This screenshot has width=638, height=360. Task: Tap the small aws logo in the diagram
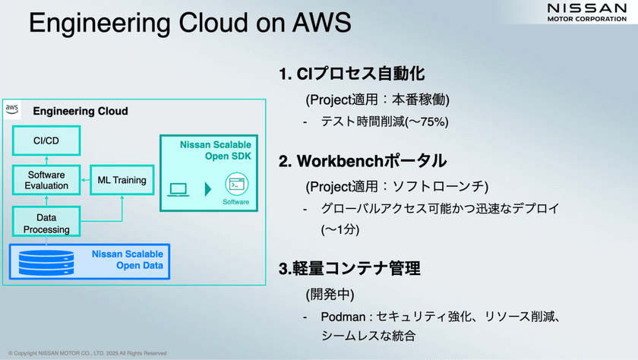[12, 109]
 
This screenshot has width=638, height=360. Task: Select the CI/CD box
[46, 140]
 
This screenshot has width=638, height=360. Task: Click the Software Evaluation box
[46, 180]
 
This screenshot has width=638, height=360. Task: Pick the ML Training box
[122, 180]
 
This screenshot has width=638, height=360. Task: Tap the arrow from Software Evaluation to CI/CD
[46, 159]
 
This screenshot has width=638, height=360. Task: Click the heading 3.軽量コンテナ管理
[349, 268]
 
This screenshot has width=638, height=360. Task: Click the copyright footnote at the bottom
[87, 353]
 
